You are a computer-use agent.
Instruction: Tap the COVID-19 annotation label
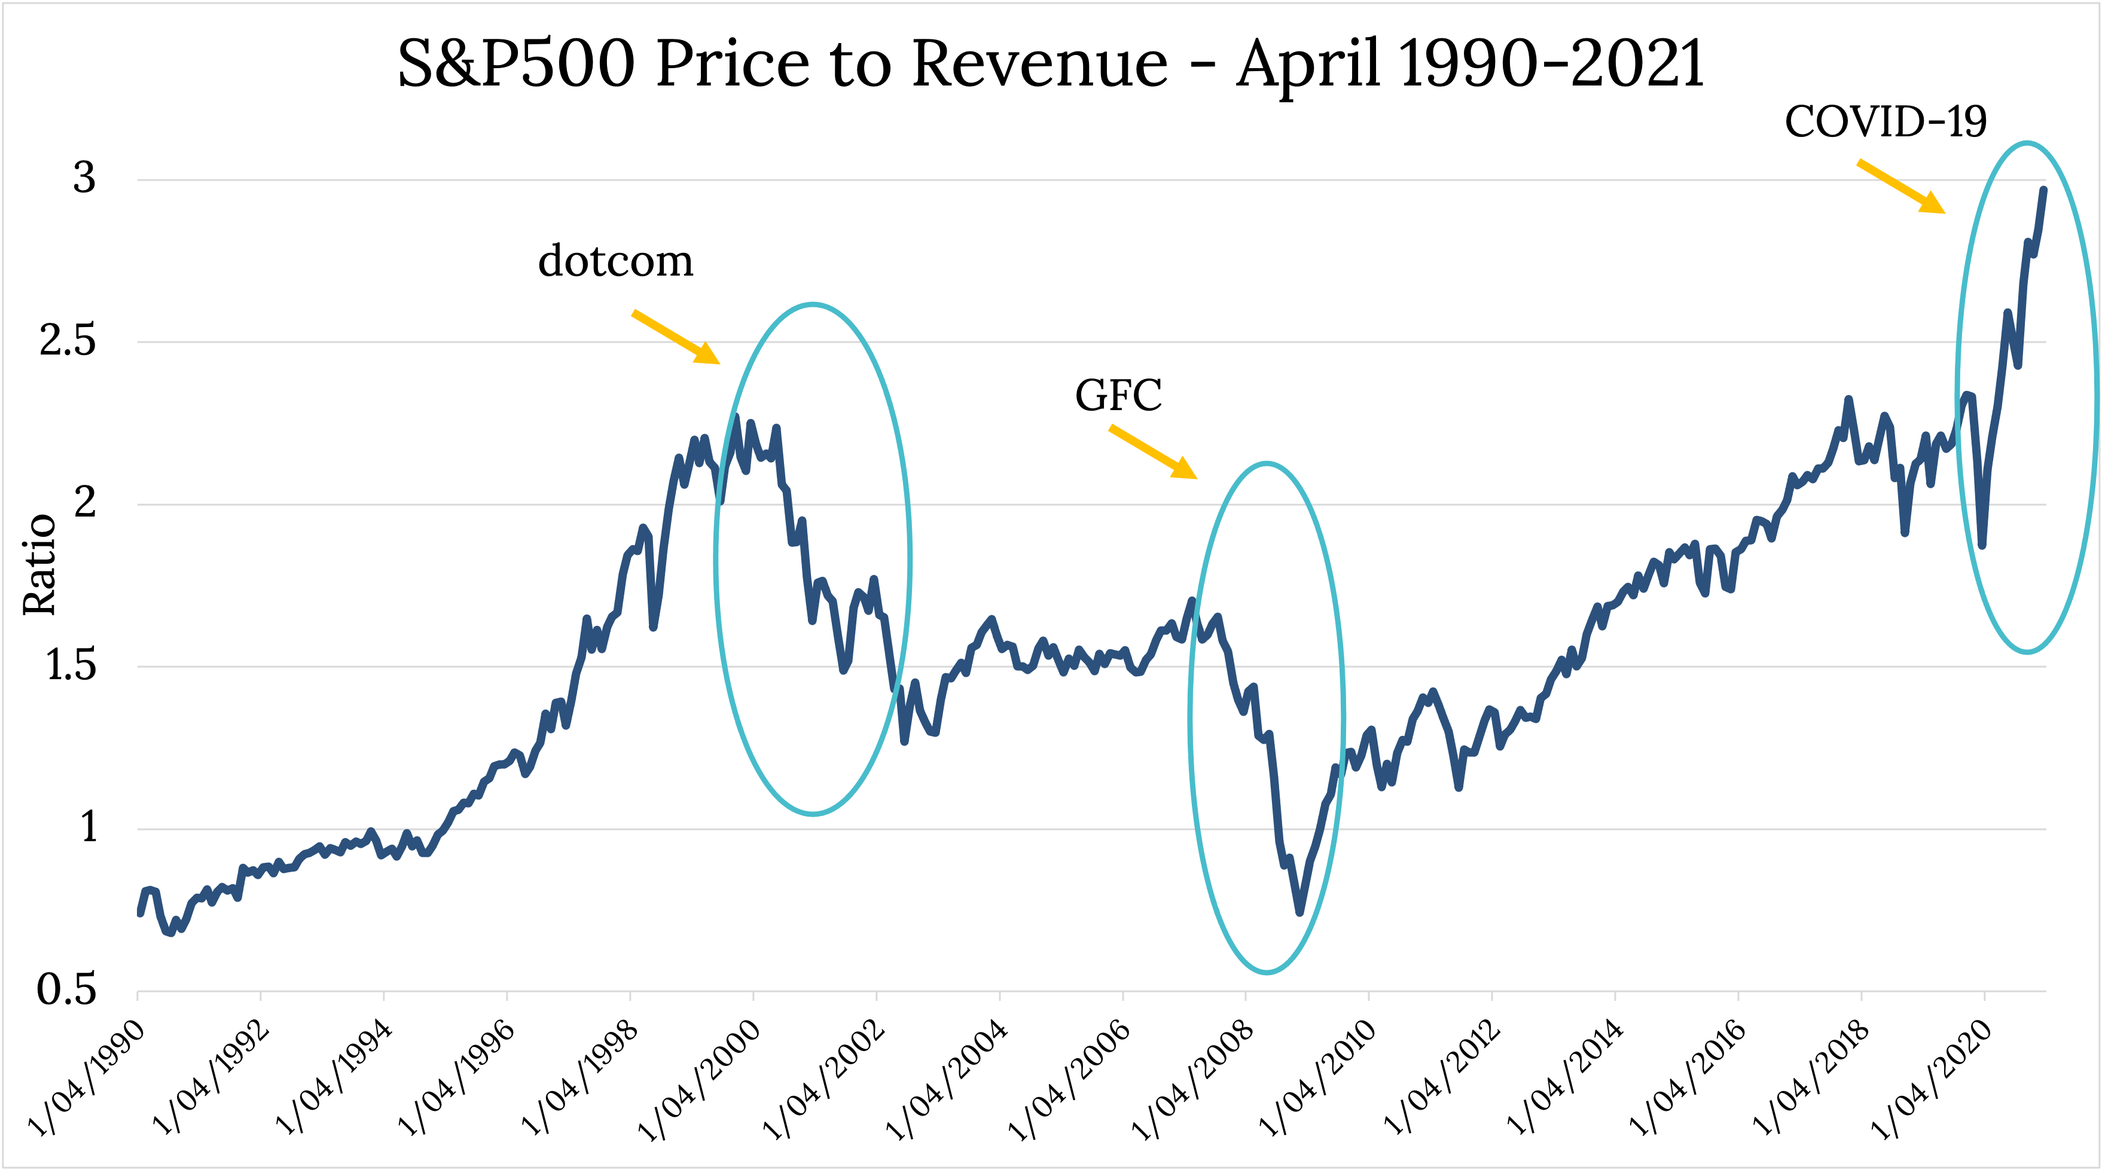click(1885, 123)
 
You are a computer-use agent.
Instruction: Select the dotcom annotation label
click(616, 261)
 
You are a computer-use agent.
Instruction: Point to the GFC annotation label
click(1118, 395)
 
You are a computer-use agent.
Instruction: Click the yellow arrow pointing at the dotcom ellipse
click(676, 336)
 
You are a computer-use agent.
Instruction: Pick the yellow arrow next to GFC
click(1152, 452)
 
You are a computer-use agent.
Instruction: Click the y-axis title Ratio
click(39, 564)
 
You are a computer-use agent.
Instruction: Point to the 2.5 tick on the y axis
click(68, 340)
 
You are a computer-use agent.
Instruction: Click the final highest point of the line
click(2043, 190)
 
